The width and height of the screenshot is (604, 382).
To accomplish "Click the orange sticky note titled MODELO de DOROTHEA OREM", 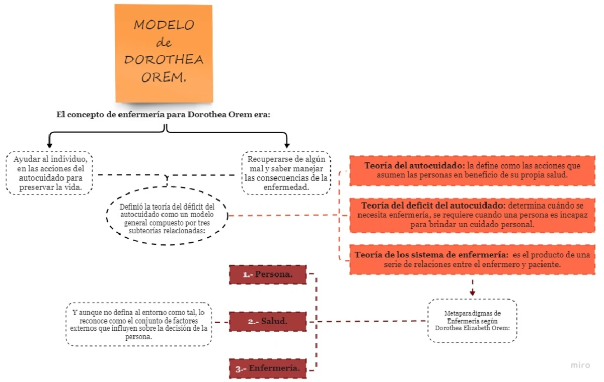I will click(x=164, y=53).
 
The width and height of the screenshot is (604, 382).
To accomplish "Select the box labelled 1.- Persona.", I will click(x=268, y=274).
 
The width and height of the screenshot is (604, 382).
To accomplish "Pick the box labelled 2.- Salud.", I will click(x=268, y=322).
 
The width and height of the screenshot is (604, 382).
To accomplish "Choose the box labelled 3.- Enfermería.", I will click(x=268, y=368).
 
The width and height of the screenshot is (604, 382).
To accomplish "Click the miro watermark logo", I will click(x=580, y=365).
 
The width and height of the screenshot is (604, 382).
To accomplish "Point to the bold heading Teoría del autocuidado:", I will click(x=415, y=165).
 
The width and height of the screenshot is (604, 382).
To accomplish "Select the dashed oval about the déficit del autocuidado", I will click(x=167, y=215).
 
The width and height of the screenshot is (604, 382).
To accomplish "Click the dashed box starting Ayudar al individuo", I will click(x=49, y=173).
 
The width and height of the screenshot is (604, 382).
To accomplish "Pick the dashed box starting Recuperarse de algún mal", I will click(x=286, y=173).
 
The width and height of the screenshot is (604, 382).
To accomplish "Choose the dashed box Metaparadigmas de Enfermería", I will click(x=472, y=320).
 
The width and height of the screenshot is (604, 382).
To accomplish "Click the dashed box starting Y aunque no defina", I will click(x=138, y=324).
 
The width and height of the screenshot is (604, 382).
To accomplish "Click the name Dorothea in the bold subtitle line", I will click(x=205, y=114).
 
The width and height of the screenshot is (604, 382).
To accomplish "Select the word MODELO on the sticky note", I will click(x=164, y=26).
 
